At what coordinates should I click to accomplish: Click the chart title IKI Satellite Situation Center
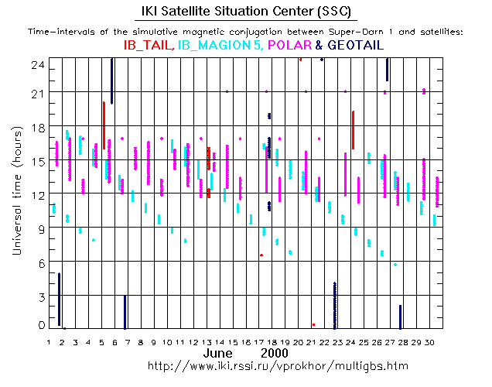245,12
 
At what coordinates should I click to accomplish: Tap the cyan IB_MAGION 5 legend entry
219,46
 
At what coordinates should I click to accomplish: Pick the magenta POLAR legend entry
289,46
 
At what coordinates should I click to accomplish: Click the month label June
218,353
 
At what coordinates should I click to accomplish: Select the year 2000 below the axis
275,353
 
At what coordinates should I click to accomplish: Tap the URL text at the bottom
278,365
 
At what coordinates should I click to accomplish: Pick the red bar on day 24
353,129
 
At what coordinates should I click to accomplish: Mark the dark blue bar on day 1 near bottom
59,299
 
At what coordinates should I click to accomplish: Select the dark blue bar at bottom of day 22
334,306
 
